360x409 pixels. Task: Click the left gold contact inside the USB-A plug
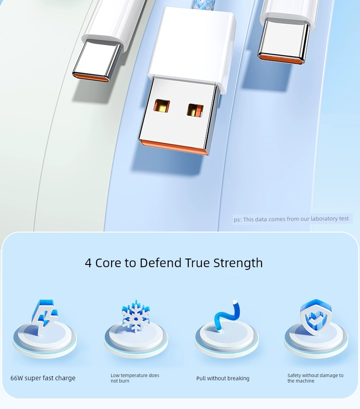161,106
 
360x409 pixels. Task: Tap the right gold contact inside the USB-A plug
195,110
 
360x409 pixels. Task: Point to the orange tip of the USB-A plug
174,147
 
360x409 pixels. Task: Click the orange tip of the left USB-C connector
91,78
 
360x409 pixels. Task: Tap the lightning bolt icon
44,316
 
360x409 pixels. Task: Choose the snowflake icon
135,316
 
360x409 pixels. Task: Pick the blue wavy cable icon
227,315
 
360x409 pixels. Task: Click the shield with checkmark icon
315,316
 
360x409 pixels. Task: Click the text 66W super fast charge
43,378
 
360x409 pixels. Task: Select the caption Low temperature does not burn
135,378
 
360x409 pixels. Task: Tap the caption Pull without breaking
223,378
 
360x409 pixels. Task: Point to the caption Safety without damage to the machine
315,378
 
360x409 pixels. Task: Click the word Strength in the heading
238,263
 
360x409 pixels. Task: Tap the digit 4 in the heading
88,263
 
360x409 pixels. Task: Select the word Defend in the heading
160,263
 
